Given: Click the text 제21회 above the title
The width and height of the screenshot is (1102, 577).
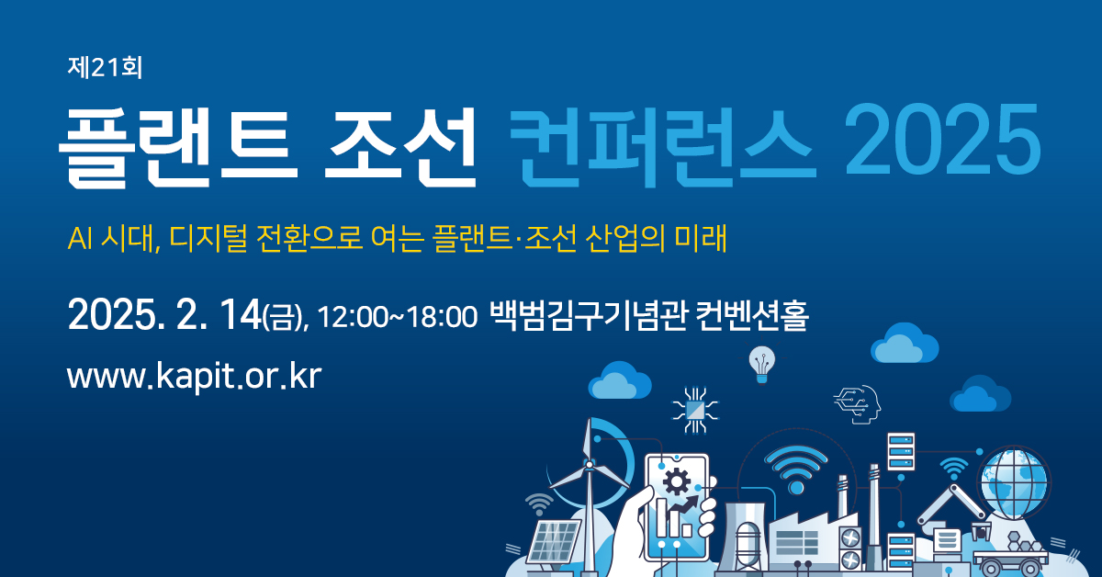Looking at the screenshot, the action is point(105,67).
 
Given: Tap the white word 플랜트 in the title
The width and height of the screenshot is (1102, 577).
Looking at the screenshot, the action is point(178,146).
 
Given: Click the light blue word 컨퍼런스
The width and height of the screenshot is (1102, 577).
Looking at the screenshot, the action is point(663,146).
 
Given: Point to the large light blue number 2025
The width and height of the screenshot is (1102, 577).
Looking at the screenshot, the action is point(942,140).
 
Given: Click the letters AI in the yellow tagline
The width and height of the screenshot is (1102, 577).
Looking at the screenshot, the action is point(80,239).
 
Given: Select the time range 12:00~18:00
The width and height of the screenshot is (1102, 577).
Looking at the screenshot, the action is point(398,317).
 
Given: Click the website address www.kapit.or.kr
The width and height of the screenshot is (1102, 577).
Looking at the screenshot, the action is point(195,376).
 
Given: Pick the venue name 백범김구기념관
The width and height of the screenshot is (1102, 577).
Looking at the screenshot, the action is point(588,315).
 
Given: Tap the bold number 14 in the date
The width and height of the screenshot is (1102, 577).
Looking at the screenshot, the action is point(240,314).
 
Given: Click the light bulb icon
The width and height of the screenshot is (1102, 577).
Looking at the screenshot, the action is point(761,364).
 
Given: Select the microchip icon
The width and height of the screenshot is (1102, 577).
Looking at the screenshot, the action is point(695,410).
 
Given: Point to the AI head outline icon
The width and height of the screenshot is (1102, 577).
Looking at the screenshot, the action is point(859,404).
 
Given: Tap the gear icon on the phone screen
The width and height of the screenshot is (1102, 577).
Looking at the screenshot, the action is point(677,481).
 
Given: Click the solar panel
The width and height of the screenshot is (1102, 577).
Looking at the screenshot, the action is point(553,541).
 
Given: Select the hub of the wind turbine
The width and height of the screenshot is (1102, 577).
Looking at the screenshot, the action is point(589,464).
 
